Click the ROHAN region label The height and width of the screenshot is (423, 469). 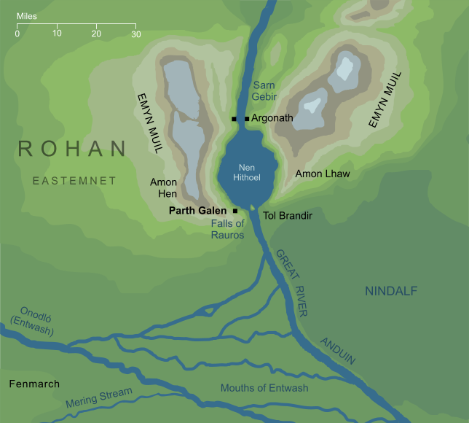[x=71, y=149]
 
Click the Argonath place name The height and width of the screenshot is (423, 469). [x=273, y=117]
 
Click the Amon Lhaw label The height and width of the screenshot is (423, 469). [x=323, y=174]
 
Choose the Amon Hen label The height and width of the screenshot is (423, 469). [x=163, y=188]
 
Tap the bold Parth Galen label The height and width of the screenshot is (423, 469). [x=197, y=211]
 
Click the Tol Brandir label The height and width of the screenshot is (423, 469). [x=288, y=217]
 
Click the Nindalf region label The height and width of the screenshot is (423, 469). [x=390, y=291]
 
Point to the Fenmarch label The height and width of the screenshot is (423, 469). [x=34, y=384]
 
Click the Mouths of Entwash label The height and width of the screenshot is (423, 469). [x=264, y=388]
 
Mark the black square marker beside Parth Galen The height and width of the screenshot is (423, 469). [x=235, y=211]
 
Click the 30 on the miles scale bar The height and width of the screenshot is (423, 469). [x=135, y=34]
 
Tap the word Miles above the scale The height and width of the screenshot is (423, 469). [x=28, y=15]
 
